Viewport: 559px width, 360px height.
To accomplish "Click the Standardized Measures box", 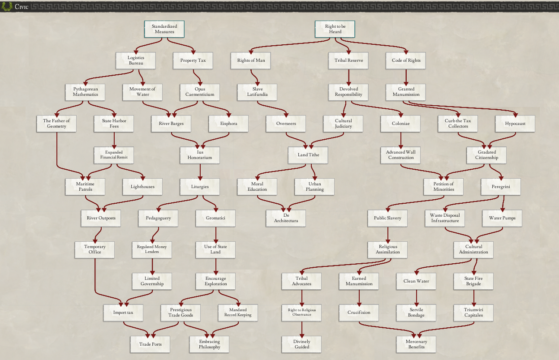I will (164, 29).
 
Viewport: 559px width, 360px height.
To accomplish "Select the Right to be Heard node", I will (335, 29).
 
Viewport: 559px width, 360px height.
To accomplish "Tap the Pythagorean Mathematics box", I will (85, 92).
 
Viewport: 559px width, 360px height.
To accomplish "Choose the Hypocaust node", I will (515, 124).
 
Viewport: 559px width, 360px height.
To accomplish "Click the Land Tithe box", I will (309, 155).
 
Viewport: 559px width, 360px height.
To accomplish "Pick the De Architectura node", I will (285, 218).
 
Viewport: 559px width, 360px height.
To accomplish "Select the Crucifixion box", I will (359, 313).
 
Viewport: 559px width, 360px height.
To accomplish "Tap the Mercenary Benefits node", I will (416, 344).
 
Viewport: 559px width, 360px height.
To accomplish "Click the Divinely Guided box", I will (301, 344).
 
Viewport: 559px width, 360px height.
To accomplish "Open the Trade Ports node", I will (150, 344).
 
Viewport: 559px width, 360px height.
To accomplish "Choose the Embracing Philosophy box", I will (210, 344).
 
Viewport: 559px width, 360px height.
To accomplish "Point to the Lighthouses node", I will (142, 187).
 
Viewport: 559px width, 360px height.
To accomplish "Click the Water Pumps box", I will (502, 218).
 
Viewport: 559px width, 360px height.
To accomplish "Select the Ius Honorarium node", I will (200, 155).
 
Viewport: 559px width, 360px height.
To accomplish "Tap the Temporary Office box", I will (95, 249).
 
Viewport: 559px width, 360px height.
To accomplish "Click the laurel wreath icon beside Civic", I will (7, 6).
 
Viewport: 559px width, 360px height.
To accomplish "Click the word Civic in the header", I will (21, 7).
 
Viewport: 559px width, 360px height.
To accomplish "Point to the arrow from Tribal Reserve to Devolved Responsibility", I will (348, 77).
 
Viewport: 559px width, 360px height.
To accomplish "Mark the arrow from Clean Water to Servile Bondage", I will (416, 297).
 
